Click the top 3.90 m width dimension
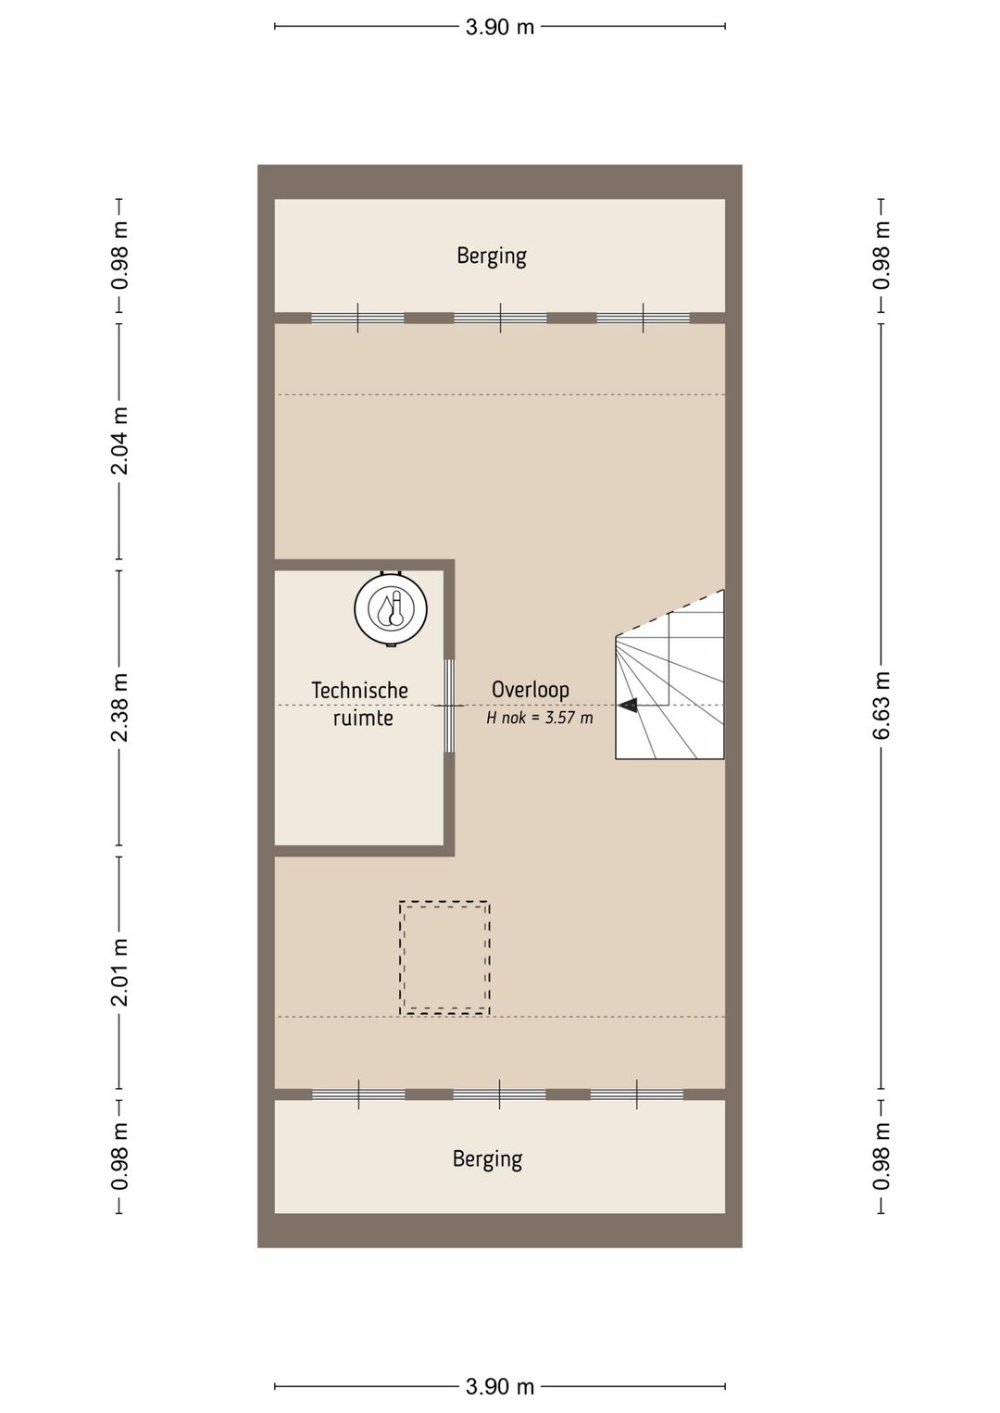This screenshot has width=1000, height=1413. [500, 27]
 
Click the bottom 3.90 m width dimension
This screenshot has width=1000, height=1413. [500, 1386]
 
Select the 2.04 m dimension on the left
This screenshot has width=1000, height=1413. [119, 441]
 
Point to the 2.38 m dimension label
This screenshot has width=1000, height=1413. [119, 707]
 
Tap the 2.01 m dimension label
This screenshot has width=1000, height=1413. [119, 971]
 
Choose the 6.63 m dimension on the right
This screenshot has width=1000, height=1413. [881, 706]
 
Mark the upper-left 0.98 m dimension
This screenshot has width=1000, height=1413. [119, 255]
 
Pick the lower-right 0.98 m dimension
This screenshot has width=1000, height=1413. [881, 1157]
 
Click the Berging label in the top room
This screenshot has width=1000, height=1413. [492, 256]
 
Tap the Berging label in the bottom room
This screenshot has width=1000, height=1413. [487, 1159]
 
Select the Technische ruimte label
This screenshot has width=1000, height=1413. [360, 704]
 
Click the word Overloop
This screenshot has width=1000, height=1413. [530, 689]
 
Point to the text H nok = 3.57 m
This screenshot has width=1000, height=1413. [540, 718]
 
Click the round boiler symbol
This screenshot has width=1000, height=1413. [391, 608]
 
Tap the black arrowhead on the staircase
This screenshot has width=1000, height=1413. [628, 706]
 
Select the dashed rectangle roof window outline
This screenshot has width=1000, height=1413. [444, 958]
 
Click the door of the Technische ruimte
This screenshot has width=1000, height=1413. [449, 706]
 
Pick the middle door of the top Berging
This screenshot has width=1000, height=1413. [500, 318]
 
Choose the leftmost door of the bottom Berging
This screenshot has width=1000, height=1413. [358, 1094]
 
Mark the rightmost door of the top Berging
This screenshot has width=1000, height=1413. [643, 318]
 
